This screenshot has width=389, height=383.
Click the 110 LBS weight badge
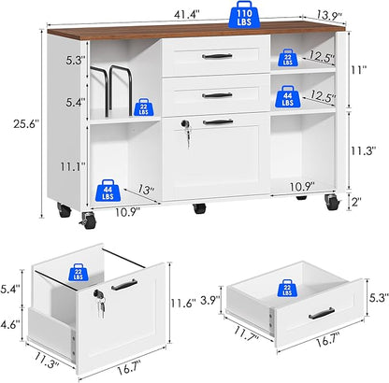pos(244,15)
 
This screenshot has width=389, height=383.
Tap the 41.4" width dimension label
pos(187,14)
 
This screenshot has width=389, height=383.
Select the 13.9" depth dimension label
pos(329,15)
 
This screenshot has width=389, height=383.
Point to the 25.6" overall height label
pos(26,124)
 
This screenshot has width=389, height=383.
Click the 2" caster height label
pos(356,202)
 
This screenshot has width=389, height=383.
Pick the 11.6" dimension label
pos(183,303)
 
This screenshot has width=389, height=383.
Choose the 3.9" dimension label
pos(209,301)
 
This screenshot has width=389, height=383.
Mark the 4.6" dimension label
pos(10,324)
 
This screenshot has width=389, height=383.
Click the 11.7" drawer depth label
pos(246,333)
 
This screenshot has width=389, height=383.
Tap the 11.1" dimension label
pos(73,167)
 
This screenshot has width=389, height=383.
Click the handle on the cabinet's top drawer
pos(217,56)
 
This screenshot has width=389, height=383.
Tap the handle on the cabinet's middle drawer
pos(217,95)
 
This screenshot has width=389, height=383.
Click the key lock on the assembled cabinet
pos(186,124)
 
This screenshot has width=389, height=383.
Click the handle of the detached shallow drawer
pos(322,314)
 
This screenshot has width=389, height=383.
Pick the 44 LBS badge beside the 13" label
pos(108,190)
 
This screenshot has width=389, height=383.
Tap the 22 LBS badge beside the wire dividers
pos(143,107)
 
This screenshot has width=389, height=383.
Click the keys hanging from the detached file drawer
pos(102,306)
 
